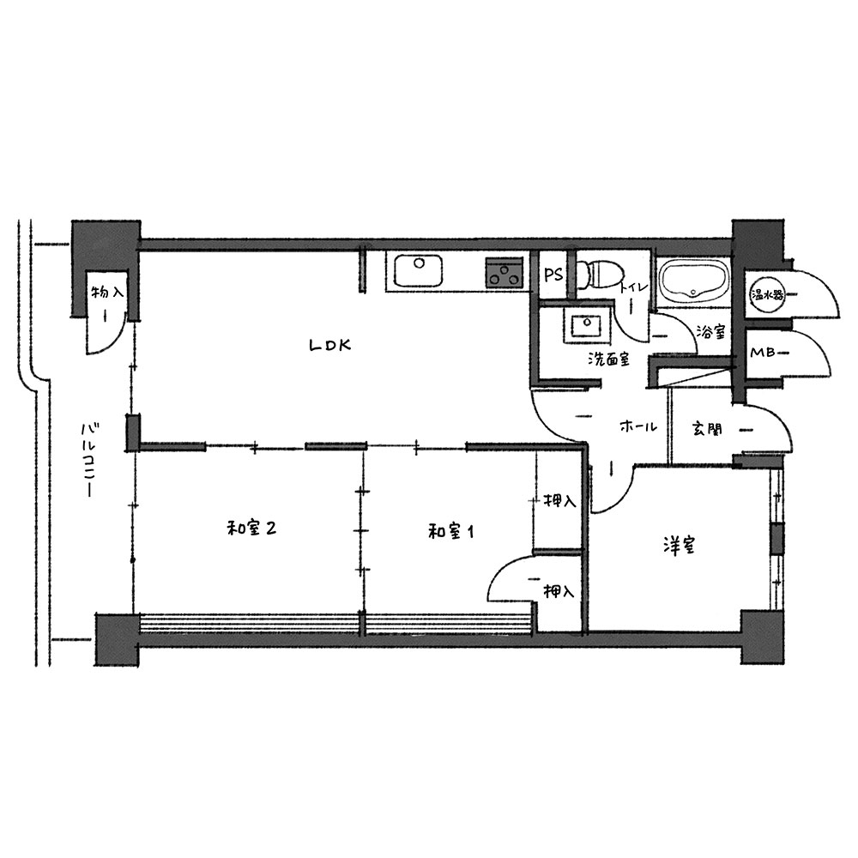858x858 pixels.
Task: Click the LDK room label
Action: pos(330,345)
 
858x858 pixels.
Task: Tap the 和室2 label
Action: pos(251,529)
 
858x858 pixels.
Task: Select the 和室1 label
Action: pos(451,531)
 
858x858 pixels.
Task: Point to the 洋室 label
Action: pos(679,546)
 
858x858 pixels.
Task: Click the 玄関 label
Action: pos(706,429)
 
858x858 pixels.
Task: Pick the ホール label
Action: pos(638,426)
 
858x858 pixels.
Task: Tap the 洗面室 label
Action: pos(608,359)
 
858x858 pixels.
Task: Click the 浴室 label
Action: pos(710,331)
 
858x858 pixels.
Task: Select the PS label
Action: pos(553,275)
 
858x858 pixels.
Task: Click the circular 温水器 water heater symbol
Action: pos(766,295)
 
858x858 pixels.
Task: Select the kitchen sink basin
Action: pos(418,270)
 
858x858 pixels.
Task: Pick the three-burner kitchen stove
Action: pos(504,273)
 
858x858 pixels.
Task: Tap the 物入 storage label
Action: pos(108,292)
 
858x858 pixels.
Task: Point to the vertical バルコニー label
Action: pos(88,461)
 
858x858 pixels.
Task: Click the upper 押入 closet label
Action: pos(559,501)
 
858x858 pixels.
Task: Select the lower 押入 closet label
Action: pos(559,591)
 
